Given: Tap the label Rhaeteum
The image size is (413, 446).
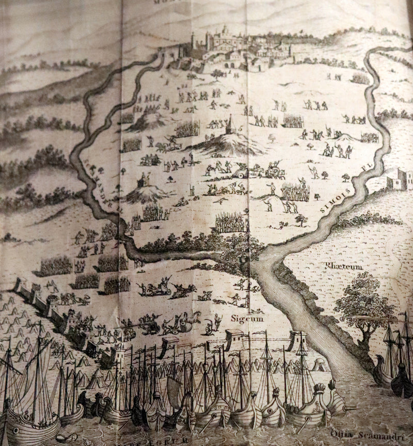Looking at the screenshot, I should tap(344, 266).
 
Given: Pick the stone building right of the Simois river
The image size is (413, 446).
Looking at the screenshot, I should tap(399, 179).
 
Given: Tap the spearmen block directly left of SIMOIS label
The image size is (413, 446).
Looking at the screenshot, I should tap(295, 192).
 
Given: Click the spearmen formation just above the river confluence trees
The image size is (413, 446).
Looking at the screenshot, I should tap(231, 222).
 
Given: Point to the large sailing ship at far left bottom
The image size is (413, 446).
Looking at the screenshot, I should tap(31, 403).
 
